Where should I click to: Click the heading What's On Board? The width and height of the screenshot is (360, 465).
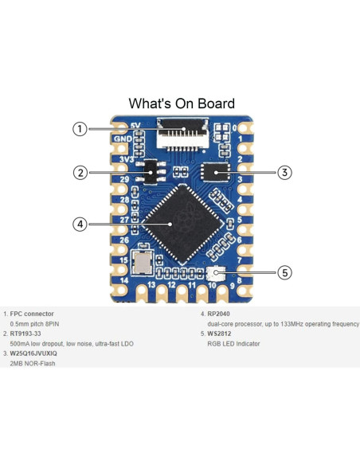tap(182, 104)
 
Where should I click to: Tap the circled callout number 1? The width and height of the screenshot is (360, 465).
tap(80, 129)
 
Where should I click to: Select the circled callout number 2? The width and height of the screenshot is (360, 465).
tap(80, 172)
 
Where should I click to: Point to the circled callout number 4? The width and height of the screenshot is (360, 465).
tap(80, 224)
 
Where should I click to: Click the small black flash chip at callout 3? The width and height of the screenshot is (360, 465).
tap(216, 171)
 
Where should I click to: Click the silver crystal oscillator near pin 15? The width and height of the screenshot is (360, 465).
tap(143, 260)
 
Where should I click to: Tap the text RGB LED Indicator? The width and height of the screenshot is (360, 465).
tap(234, 344)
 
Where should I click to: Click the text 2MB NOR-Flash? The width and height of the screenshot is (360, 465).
tap(33, 363)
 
